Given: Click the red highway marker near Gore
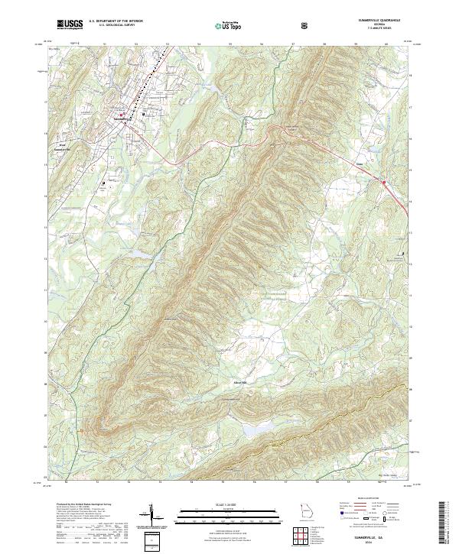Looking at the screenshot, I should tap(383, 182).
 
